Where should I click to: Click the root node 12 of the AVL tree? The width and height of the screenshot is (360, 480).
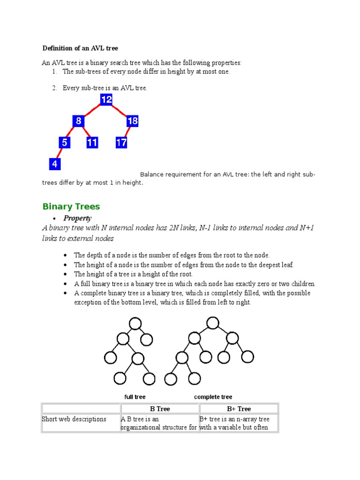[106, 99]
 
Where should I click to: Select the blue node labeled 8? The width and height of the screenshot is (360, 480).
[79, 121]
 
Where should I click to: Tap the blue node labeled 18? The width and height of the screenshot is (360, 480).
[133, 121]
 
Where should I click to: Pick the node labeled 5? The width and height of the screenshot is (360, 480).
[65, 142]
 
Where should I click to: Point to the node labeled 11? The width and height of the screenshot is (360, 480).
[92, 142]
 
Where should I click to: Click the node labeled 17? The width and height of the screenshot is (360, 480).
[121, 142]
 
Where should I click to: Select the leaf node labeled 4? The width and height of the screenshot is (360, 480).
[55, 164]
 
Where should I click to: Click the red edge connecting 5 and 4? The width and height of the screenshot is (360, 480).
[60, 153]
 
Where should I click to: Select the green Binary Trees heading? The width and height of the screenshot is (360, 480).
[71, 207]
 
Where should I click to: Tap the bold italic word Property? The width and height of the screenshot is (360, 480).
[77, 218]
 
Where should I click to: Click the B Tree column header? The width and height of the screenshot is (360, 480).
[159, 409]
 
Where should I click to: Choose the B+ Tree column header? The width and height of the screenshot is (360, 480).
[239, 409]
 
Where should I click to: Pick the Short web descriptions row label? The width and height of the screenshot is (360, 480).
[74, 419]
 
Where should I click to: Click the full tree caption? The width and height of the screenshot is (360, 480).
[135, 397]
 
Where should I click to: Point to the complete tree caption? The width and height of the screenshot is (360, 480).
[213, 397]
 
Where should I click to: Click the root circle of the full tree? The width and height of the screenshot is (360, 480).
[135, 323]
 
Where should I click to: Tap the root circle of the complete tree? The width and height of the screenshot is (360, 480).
[213, 322]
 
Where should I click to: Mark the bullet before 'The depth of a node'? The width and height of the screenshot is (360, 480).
[64, 255]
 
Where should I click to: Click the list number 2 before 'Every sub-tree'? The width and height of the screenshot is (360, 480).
[54, 88]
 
